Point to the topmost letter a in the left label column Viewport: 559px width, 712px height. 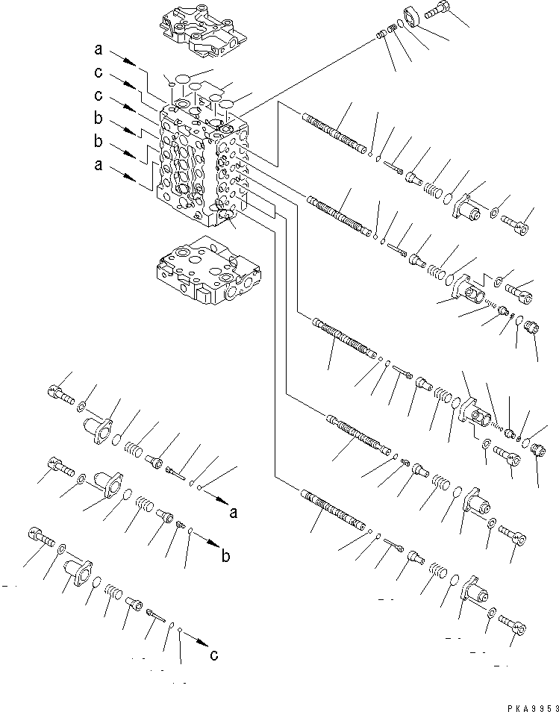98,51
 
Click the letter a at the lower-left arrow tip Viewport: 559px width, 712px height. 234,513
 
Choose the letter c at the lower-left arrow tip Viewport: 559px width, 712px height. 214,655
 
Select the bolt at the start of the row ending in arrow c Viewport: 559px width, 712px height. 42,538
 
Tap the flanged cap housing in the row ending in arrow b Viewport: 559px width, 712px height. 107,484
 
